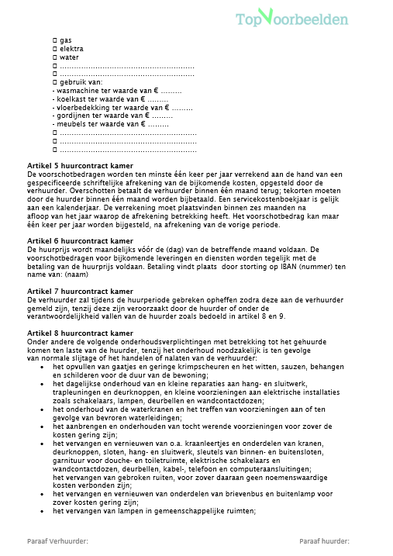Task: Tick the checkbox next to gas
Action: click(x=54, y=39)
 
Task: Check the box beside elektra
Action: click(x=54, y=48)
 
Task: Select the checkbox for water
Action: click(x=54, y=57)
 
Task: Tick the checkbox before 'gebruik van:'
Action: click(x=54, y=82)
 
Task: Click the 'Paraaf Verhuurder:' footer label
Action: click(x=57, y=541)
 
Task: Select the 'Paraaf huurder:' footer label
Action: click(x=323, y=541)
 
